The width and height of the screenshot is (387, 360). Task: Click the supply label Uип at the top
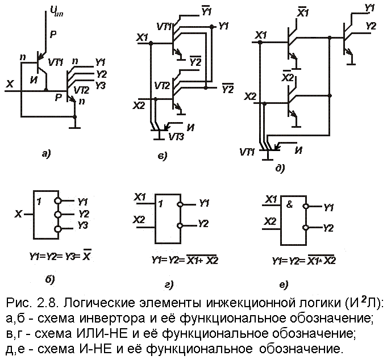56,11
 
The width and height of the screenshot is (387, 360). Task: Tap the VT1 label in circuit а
56,62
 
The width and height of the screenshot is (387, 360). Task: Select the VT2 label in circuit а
81,90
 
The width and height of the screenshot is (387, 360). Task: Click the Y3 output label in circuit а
100,85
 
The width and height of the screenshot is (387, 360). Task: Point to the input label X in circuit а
10,84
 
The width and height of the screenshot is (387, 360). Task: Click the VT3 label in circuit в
177,136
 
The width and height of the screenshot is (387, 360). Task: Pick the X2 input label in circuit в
139,105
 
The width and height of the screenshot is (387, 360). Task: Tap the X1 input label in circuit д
261,35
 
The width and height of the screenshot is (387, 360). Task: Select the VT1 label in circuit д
247,152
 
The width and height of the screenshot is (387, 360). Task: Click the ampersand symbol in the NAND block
289,204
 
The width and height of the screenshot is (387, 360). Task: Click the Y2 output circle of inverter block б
58,215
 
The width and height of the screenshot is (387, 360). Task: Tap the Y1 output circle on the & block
306,206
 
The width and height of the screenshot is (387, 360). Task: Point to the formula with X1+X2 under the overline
185,259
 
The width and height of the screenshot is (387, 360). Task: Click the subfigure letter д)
280,168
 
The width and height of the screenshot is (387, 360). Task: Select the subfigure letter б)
51,279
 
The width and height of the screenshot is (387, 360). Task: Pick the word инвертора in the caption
113,319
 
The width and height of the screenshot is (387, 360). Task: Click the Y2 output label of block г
203,223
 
